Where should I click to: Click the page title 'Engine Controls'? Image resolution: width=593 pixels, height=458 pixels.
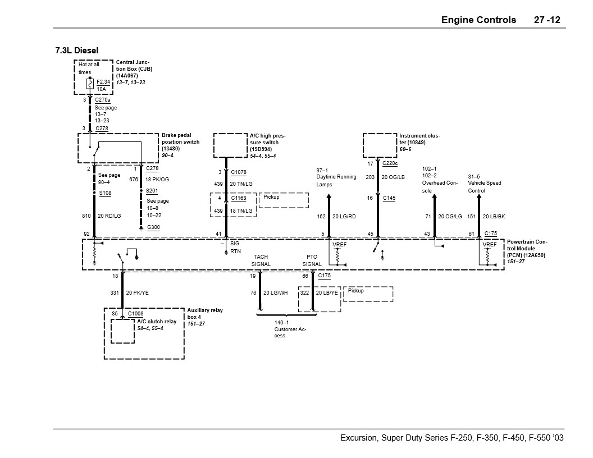click(478, 20)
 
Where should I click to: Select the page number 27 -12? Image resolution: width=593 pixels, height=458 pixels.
click(546, 20)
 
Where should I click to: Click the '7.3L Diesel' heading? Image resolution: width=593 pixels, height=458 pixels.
click(76, 51)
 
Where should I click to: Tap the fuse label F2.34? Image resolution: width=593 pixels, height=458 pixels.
click(103, 81)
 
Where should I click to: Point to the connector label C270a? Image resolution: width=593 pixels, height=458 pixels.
click(103, 100)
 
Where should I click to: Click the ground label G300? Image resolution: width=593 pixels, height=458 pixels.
click(153, 227)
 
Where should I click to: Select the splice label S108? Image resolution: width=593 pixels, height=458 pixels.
click(104, 193)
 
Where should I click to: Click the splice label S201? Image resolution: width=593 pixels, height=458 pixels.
click(152, 191)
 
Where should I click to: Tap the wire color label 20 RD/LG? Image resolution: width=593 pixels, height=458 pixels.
click(110, 216)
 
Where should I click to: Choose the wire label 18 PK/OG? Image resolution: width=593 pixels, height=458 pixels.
click(157, 179)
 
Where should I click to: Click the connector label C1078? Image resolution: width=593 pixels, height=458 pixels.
click(239, 172)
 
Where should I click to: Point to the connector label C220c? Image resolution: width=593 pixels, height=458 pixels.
click(390, 163)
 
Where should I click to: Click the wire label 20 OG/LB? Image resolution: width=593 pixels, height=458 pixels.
click(393, 177)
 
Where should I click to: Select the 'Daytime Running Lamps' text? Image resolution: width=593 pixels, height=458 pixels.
click(336, 177)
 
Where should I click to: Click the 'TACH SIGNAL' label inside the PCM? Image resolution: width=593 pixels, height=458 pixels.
click(261, 260)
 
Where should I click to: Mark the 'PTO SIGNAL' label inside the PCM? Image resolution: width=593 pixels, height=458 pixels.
click(312, 260)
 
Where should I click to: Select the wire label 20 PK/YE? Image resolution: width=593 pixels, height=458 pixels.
click(137, 292)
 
